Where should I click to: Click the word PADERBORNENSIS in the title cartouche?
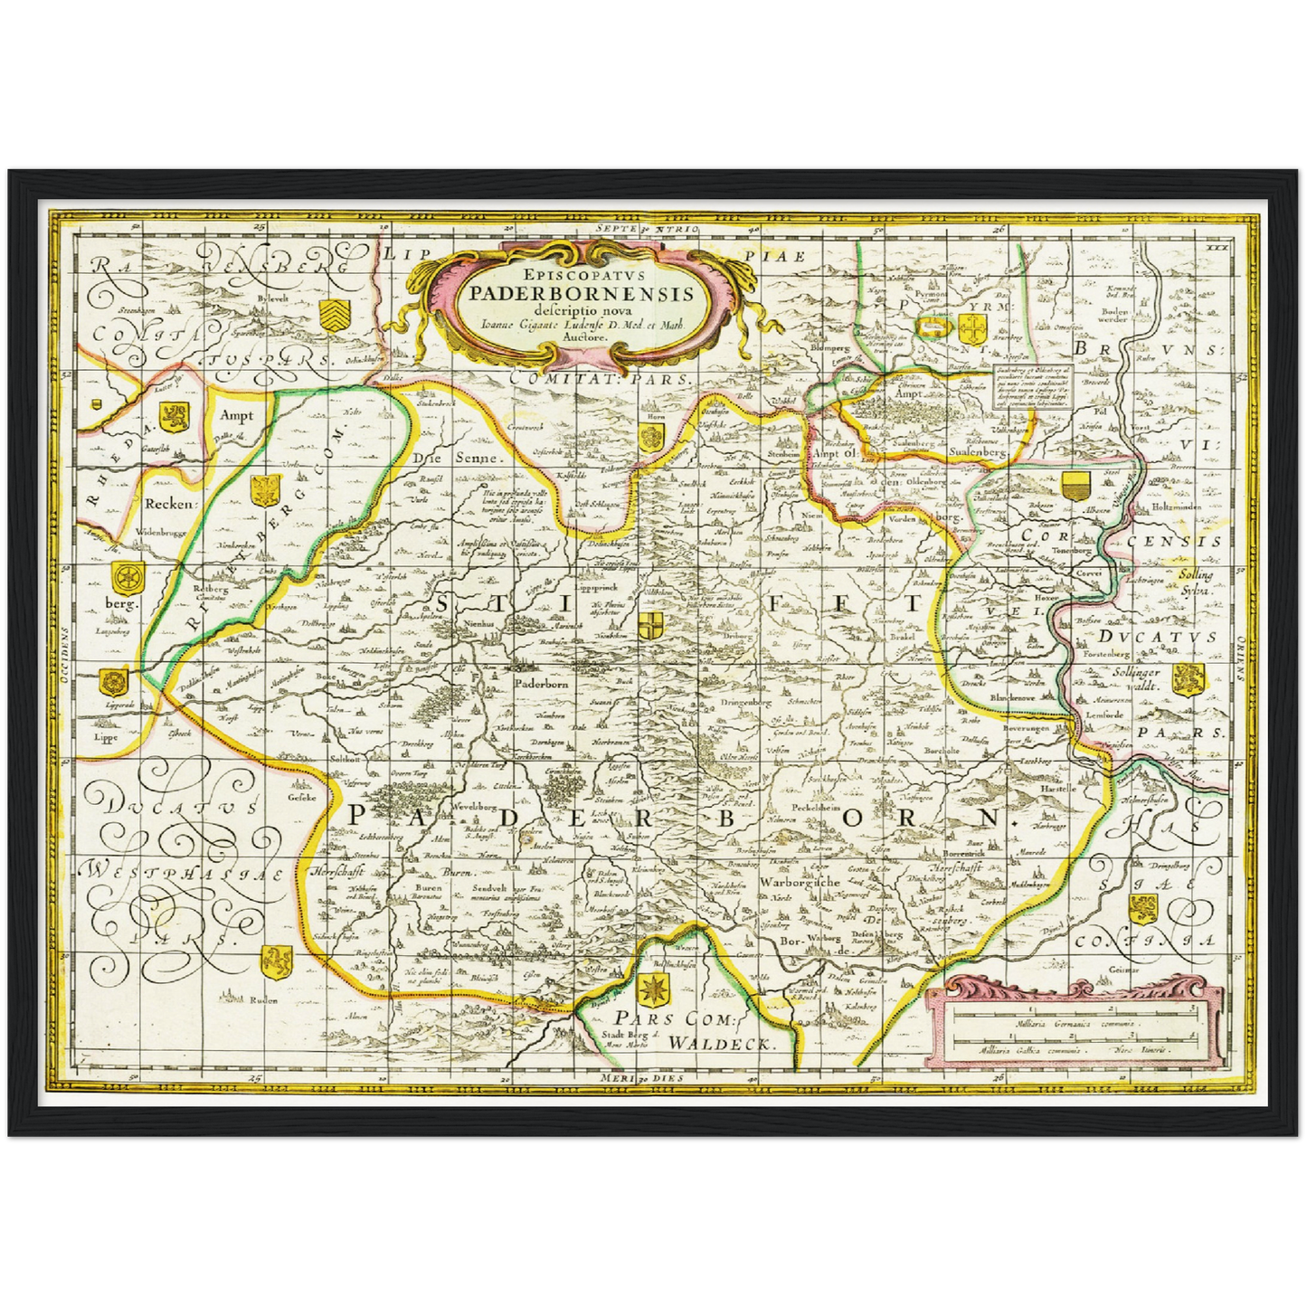click(582, 292)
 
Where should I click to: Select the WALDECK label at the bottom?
click(722, 1043)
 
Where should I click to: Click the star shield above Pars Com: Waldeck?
click(653, 990)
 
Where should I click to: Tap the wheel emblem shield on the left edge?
click(124, 575)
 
